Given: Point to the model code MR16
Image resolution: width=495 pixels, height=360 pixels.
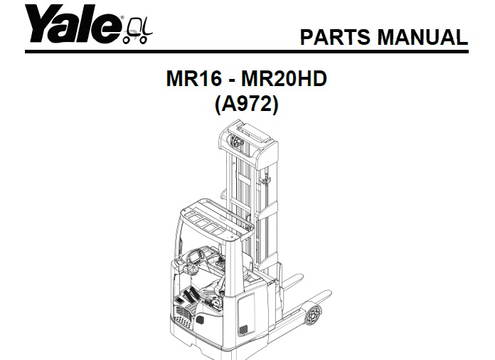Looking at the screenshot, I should [192, 79].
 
